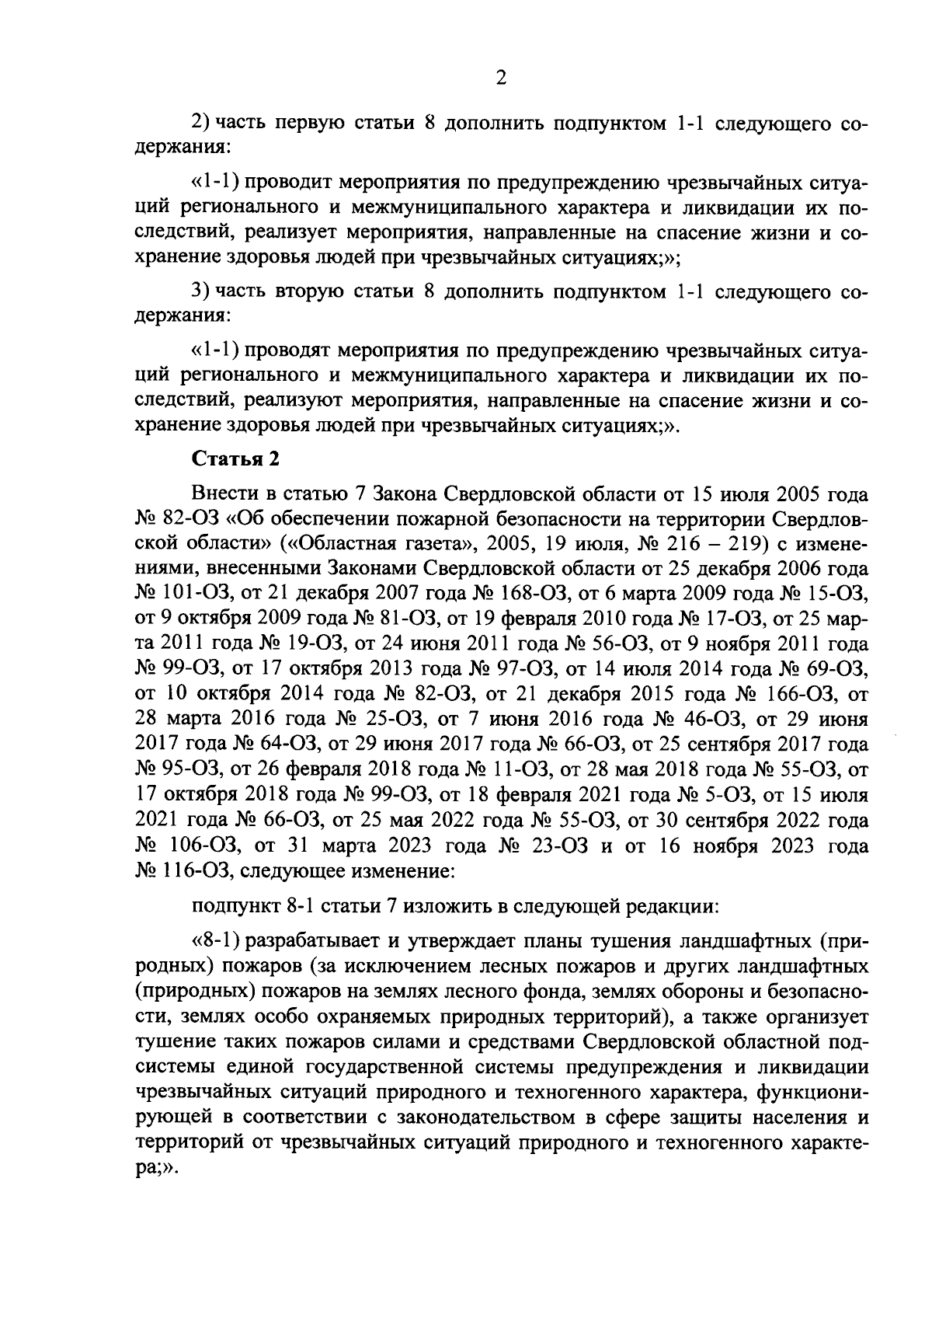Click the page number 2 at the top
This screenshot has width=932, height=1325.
(500, 78)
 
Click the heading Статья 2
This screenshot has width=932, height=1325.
(235, 459)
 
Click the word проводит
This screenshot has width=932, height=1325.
(287, 182)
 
